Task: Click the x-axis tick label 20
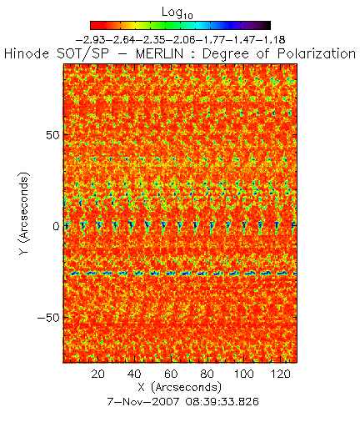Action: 97,374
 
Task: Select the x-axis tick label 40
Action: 134,374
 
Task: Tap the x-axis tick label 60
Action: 171,374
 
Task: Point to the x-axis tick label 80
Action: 207,374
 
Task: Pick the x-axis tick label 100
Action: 244,374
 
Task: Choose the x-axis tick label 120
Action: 281,374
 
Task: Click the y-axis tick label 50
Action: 52,135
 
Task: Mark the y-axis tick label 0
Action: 56,227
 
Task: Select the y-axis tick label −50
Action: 48,318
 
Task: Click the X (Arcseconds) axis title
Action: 180,387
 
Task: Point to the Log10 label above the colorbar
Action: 177,13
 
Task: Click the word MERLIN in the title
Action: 159,53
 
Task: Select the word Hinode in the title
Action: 27,53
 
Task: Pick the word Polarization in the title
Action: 317,54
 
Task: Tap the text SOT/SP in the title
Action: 82,53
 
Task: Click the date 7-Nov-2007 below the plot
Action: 143,401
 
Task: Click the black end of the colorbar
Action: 267,25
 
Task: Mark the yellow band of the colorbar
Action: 134,25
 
